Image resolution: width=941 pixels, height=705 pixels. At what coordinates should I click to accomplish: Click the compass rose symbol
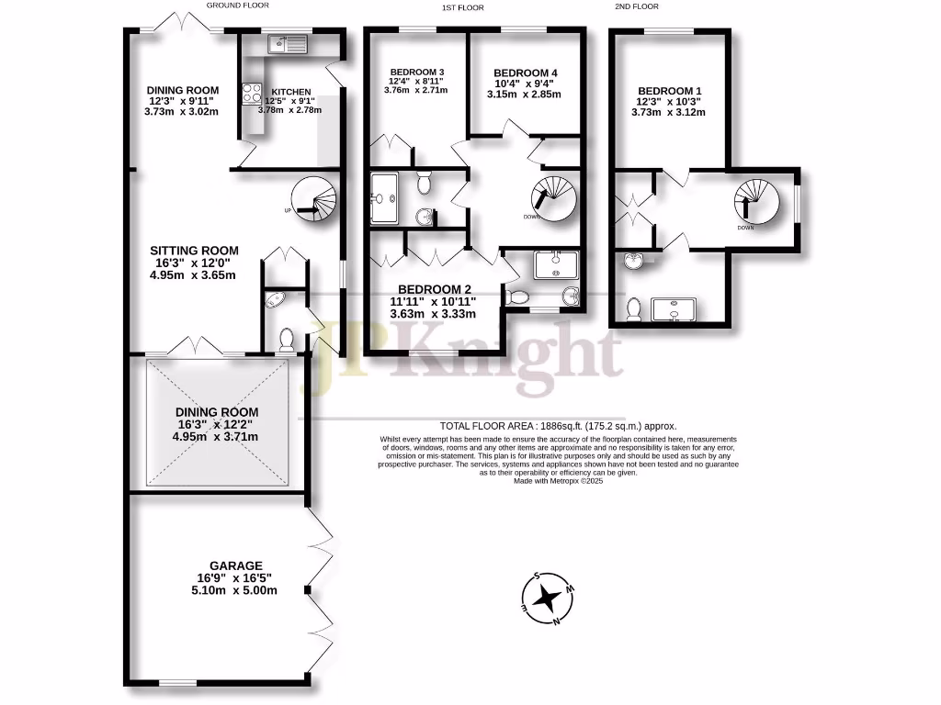tap(548, 599)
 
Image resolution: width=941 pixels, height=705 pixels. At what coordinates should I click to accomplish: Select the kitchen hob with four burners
tap(252, 93)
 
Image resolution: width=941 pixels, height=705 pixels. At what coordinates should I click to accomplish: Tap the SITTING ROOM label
tap(194, 251)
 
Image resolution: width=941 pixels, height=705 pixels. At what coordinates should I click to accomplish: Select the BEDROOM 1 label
tap(670, 91)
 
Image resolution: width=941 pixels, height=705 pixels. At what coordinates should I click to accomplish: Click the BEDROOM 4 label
tap(526, 73)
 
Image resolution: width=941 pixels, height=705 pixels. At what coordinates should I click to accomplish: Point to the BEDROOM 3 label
tap(417, 73)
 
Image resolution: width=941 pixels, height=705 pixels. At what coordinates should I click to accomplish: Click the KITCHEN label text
tap(291, 92)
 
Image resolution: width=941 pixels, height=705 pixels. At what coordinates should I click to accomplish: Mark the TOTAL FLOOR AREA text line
tap(558, 426)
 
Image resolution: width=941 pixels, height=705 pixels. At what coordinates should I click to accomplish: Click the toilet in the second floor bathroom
tap(632, 308)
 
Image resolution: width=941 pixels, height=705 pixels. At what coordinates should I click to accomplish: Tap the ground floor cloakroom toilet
tap(285, 340)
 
